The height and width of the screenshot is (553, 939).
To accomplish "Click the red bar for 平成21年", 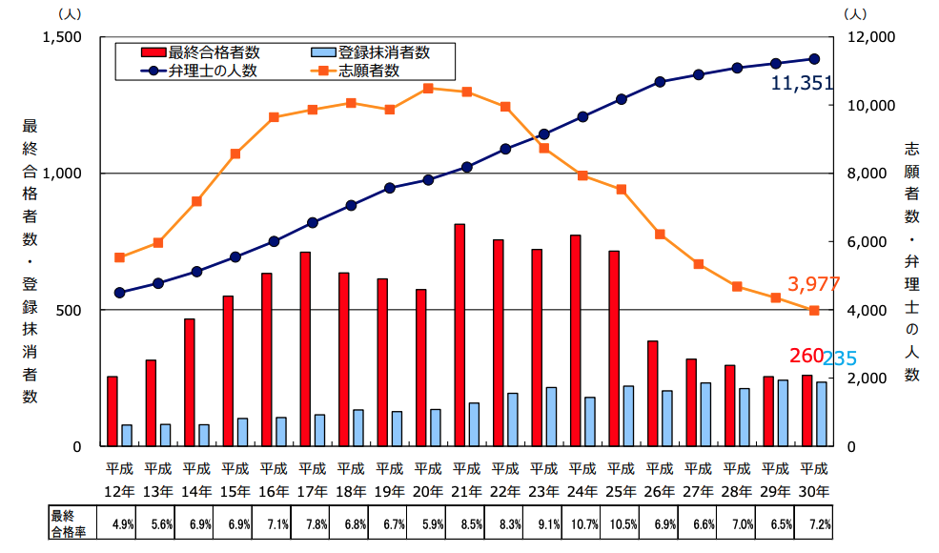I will [x=459, y=335].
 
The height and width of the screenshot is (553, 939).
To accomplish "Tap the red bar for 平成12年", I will [x=112, y=411].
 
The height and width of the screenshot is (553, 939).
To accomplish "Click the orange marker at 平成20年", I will [x=428, y=88].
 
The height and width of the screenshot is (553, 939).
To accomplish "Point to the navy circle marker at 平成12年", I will [x=119, y=293].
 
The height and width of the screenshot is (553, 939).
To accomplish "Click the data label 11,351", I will [x=802, y=85].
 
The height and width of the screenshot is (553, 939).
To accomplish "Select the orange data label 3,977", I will [x=813, y=284].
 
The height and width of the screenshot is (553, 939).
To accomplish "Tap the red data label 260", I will [x=806, y=356].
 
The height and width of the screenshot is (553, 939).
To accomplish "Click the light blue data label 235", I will [x=840, y=358].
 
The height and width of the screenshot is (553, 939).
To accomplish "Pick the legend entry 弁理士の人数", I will [x=213, y=71].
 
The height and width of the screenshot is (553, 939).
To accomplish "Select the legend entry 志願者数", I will [x=367, y=71].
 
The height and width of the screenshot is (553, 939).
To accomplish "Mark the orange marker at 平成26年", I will [x=660, y=234].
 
